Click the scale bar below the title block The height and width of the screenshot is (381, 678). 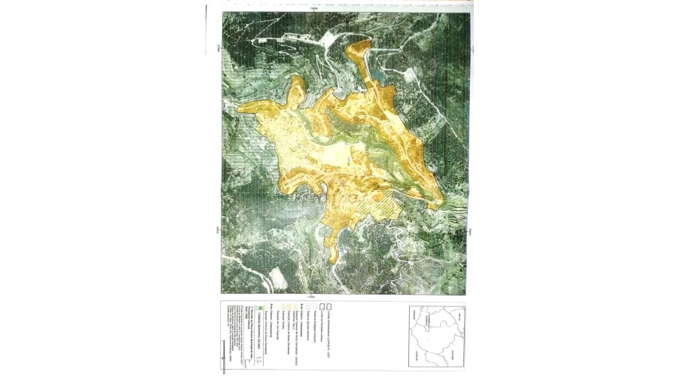pos(224,356)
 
